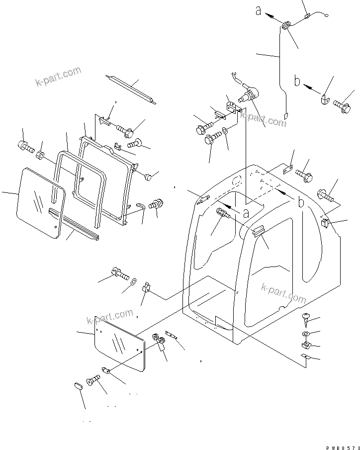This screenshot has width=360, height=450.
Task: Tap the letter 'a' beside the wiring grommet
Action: [x=259, y=10]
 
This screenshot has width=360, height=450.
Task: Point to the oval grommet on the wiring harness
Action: [x=287, y=27]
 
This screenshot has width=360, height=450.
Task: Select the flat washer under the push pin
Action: [x=305, y=333]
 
